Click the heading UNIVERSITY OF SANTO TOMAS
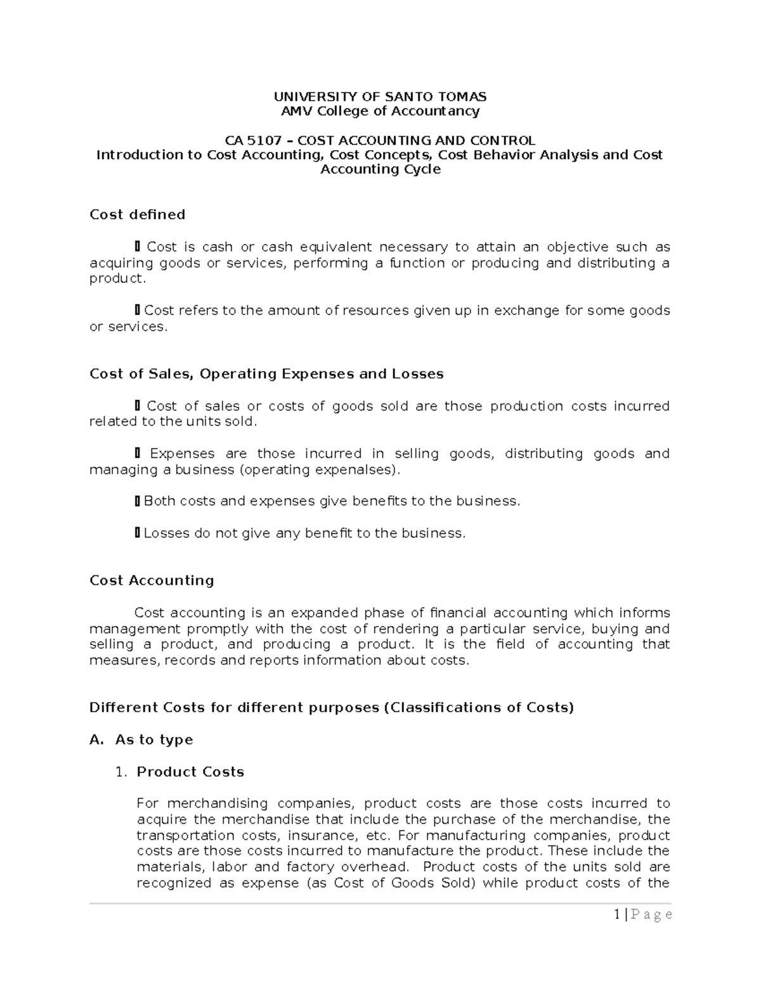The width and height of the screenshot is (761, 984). click(380, 97)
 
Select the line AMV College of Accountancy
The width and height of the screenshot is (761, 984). click(380, 112)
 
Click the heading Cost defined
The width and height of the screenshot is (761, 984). click(138, 215)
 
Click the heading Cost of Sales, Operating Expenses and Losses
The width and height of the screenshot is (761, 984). click(266, 374)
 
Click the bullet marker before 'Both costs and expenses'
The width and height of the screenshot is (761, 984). click(137, 502)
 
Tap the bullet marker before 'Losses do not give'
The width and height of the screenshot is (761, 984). click(137, 534)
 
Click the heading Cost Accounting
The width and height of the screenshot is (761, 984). click(152, 580)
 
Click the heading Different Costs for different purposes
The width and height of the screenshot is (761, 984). click(331, 708)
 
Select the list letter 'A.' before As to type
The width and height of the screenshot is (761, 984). click(96, 740)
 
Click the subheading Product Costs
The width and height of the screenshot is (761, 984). click(190, 772)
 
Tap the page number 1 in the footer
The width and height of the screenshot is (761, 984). click(616, 915)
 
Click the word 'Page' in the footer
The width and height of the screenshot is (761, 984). click(651, 915)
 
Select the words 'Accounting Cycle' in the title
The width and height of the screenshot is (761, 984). click(380, 169)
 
